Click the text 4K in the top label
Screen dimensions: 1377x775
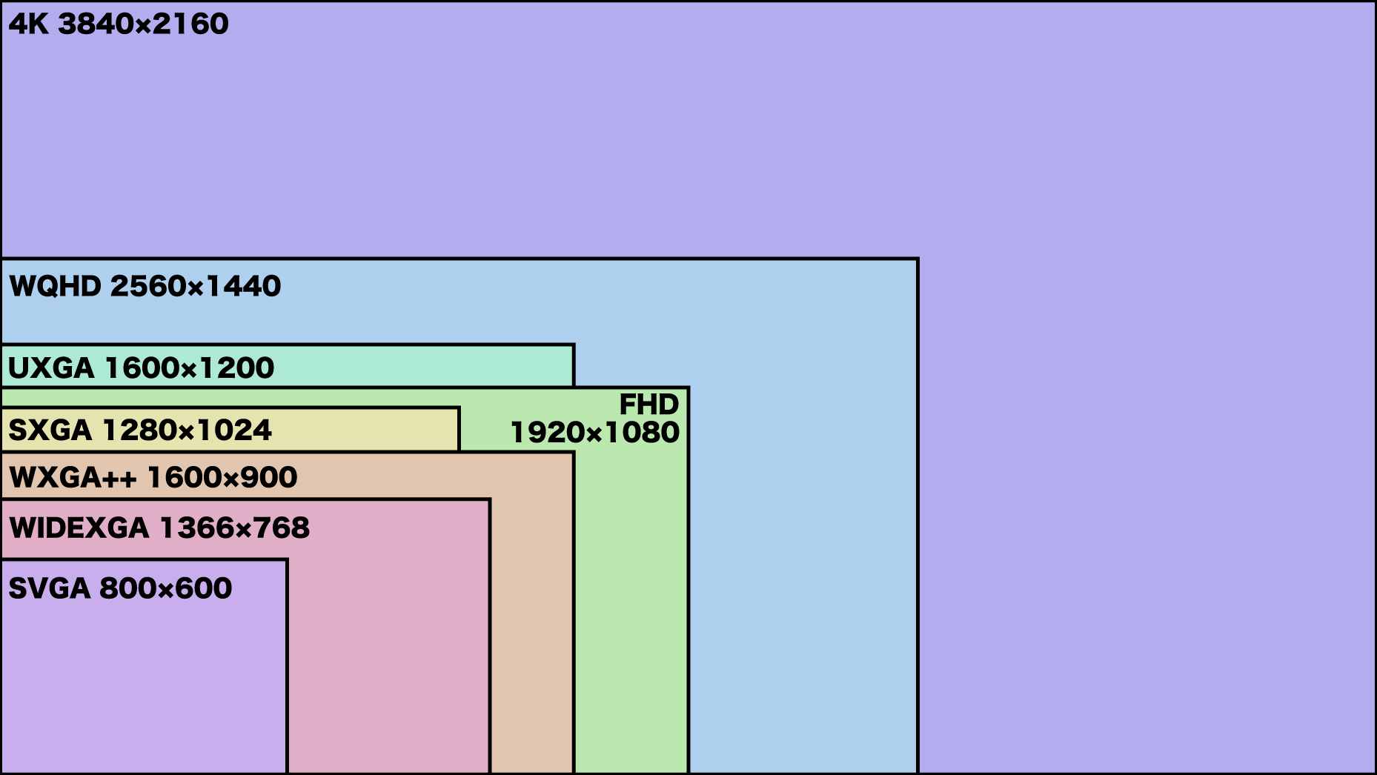(x=28, y=24)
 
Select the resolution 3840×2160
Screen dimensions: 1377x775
(x=144, y=24)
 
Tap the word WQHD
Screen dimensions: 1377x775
(x=55, y=286)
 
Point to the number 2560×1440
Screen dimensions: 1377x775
(x=196, y=286)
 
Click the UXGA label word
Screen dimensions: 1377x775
(x=51, y=367)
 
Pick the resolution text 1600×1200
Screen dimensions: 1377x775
(x=190, y=367)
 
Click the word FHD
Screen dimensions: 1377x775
(x=649, y=405)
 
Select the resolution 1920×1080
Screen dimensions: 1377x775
(x=595, y=433)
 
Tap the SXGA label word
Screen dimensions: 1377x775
(x=50, y=430)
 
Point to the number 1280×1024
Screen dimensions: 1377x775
(x=187, y=430)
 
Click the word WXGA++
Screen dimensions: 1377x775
(x=73, y=477)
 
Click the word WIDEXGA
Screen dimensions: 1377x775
(x=79, y=528)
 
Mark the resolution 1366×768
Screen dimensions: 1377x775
(x=235, y=528)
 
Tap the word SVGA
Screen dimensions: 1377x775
(x=49, y=588)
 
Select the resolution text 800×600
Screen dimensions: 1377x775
(x=166, y=588)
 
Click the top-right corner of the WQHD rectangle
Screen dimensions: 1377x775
(x=918, y=259)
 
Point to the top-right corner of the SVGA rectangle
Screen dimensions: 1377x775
(x=287, y=560)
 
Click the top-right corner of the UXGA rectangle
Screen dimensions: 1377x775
(x=574, y=345)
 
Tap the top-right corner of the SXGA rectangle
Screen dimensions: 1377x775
(x=459, y=408)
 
